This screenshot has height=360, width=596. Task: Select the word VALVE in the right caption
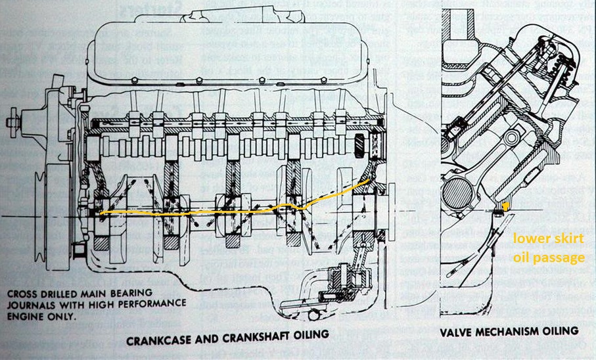coord(453,330)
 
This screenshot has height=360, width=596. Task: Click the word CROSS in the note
coord(20,292)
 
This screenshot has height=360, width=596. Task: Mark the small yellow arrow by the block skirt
coord(505,210)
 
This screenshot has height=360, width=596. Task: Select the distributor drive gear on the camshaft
coord(361,144)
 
